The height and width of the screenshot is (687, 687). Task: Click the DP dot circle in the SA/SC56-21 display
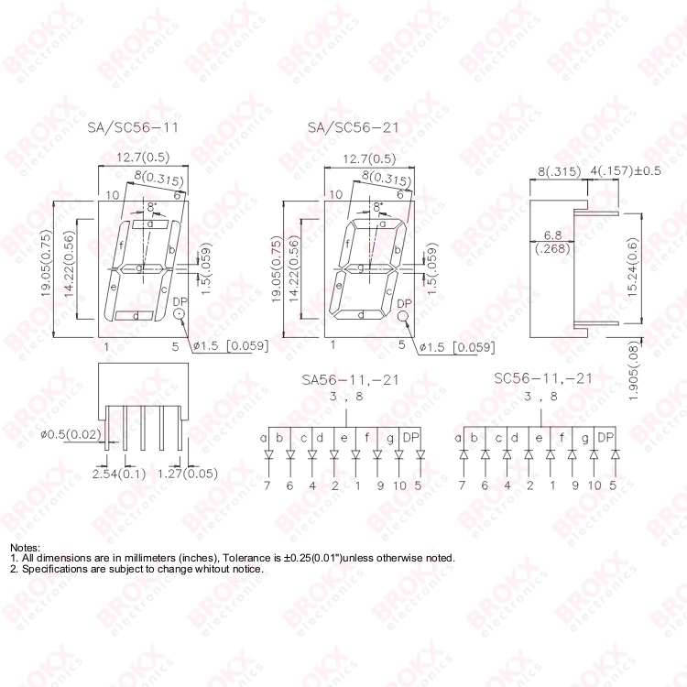(403, 316)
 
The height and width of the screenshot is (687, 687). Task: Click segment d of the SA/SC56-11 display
(136, 316)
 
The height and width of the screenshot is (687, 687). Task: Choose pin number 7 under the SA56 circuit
(267, 485)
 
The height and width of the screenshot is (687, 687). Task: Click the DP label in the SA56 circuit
(411, 437)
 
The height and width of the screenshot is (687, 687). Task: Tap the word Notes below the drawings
(26, 547)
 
